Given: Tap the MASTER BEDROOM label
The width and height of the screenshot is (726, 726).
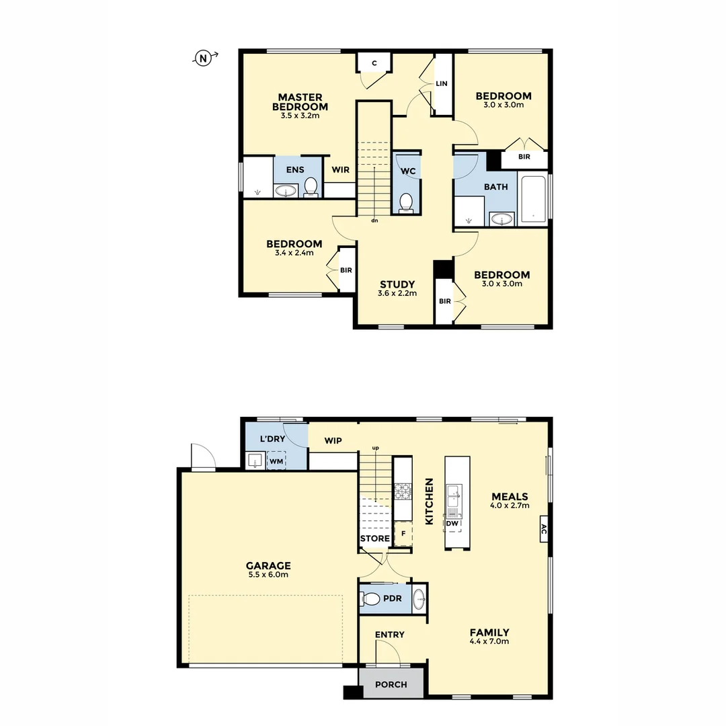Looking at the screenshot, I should click(x=300, y=102).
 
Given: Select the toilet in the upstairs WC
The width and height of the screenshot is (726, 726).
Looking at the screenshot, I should click(x=406, y=202).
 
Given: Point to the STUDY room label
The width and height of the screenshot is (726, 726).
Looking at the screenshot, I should click(x=397, y=284).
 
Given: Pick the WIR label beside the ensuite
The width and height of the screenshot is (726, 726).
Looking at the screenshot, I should click(x=340, y=169).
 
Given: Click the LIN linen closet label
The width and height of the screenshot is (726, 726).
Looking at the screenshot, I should click(x=442, y=84).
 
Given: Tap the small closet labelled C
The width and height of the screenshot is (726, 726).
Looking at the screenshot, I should click(x=374, y=63).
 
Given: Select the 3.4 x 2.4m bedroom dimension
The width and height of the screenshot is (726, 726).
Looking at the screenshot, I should click(x=294, y=253).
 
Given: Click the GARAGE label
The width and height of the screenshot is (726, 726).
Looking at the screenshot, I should click(x=268, y=566).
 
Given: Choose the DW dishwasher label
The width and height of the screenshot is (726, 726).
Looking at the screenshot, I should click(x=452, y=524).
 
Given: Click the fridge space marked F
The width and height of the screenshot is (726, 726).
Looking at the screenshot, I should click(x=403, y=533).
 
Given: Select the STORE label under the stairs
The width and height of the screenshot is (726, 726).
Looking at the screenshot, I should click(x=374, y=538).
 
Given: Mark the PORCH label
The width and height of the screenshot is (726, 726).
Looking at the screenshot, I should click(x=391, y=684).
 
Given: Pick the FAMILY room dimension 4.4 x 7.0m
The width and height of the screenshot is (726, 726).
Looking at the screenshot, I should click(x=489, y=642).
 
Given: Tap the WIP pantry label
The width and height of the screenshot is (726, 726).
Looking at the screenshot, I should click(x=333, y=441).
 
